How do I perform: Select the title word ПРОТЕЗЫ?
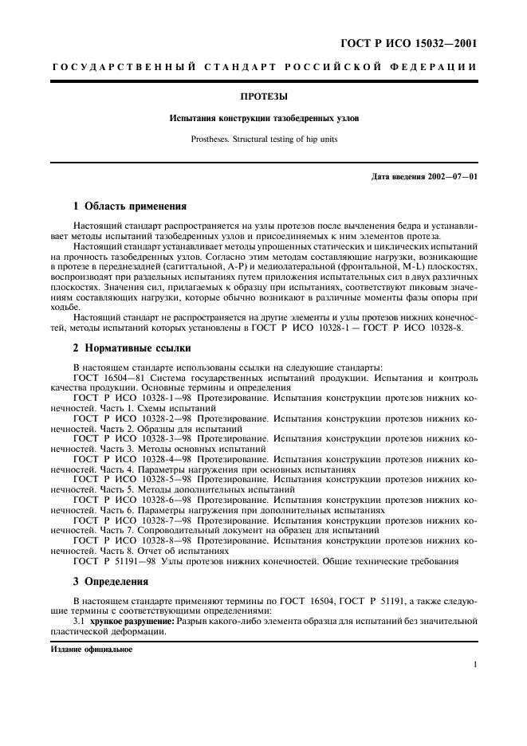pos(263,97)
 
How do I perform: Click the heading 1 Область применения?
pos(130,206)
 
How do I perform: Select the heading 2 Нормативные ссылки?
pos(132,347)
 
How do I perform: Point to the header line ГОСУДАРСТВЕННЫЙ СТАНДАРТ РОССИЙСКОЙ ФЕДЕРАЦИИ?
pos(263,69)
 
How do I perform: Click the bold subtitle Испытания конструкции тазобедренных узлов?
pos(263,118)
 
